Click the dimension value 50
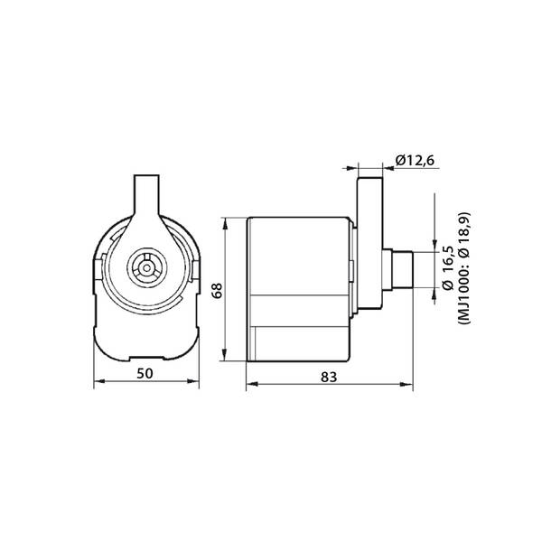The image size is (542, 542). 145,373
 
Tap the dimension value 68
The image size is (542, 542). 218,291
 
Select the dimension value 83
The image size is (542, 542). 329,377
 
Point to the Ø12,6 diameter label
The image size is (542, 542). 415,161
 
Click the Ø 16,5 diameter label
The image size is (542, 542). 448,268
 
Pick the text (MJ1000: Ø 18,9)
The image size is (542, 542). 463,268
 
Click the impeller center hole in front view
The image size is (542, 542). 147,268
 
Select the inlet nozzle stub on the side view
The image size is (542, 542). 403,269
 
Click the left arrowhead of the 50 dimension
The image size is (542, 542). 99,381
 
